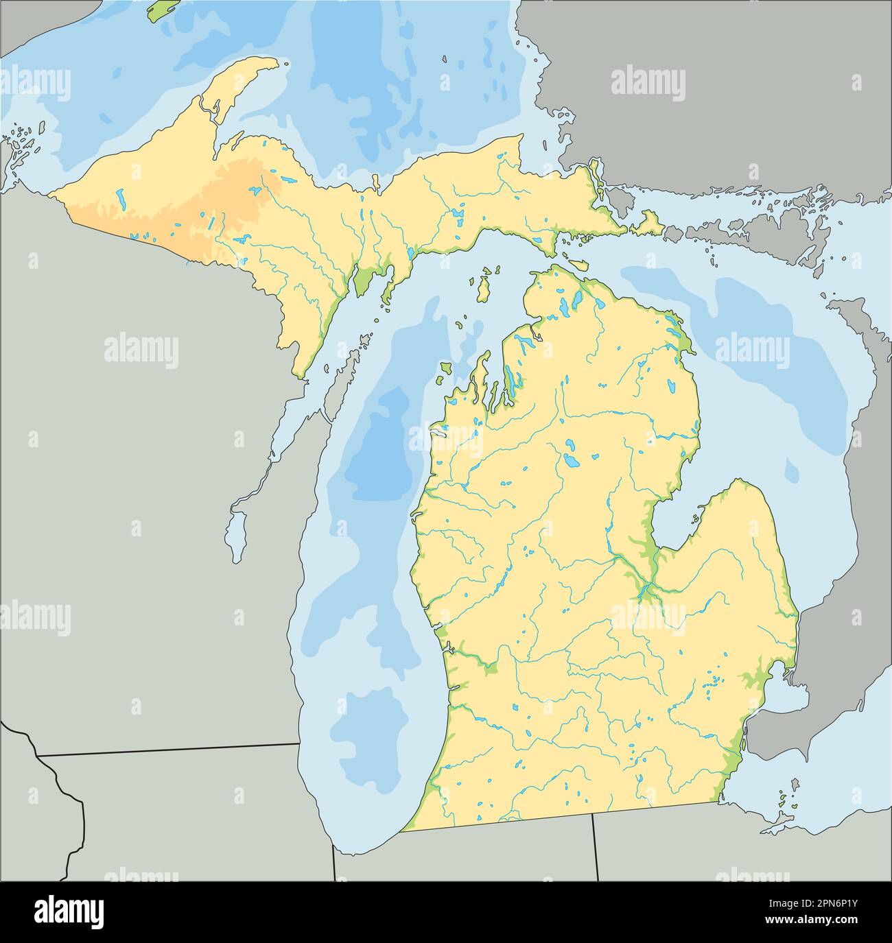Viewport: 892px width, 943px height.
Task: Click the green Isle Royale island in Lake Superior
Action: [x=161, y=10]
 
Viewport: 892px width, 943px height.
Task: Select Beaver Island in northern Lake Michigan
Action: [x=484, y=287]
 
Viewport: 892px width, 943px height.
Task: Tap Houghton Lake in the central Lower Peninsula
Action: [x=570, y=462]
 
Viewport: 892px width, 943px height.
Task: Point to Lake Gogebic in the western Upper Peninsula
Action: [x=121, y=200]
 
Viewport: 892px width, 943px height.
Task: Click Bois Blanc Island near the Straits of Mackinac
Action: [x=577, y=265]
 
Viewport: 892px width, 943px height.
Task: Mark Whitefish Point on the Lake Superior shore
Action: [x=520, y=137]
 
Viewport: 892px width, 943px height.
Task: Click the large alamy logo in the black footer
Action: [x=69, y=911]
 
